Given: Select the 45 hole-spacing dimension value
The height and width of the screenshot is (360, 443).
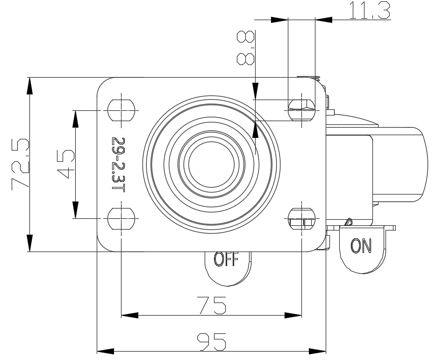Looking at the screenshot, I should (65, 164).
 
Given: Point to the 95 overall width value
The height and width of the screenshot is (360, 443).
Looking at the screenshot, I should (211, 341).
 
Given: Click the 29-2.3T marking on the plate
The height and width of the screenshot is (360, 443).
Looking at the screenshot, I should (118, 164).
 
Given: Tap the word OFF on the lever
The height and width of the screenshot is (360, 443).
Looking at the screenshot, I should (227, 259).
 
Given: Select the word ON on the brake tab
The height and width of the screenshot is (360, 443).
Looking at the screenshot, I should (361, 245).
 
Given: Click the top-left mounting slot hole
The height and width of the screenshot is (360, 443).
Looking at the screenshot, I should (121, 110).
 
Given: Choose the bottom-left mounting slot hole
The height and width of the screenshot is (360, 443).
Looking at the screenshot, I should (121, 218).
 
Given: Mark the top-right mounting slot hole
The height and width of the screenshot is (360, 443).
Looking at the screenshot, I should (302, 110).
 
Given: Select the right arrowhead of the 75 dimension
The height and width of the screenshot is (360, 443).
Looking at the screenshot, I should (293, 315).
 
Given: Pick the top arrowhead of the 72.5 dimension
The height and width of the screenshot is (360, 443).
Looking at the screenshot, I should (29, 86).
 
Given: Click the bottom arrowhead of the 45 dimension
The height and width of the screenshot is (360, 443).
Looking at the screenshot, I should (75, 210).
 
